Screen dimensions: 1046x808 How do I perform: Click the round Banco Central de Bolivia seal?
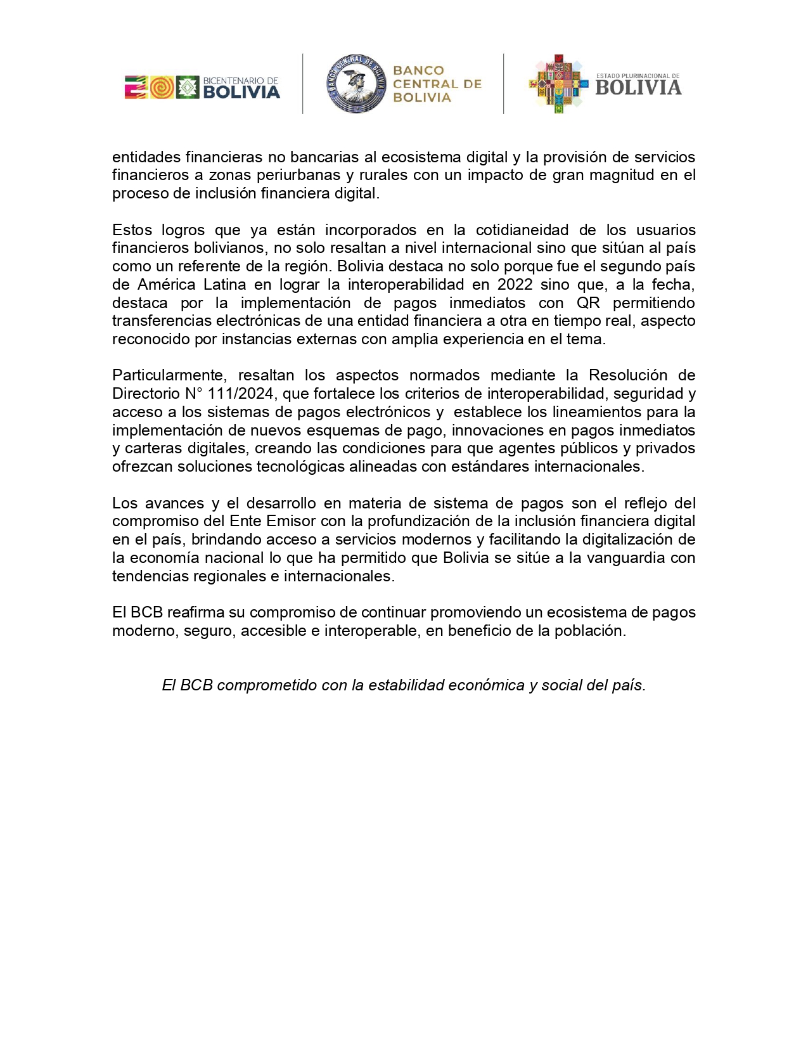[356, 84]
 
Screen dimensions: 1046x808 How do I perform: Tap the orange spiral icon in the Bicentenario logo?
[162, 87]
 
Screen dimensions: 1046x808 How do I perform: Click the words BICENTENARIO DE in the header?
[241, 81]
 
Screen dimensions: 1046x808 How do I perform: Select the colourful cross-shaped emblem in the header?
[558, 84]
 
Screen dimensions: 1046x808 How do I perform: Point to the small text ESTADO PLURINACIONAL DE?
[638, 76]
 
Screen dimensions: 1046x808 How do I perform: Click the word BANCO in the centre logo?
[418, 70]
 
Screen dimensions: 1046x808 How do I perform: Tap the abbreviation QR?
[588, 302]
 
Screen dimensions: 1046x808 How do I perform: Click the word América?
[166, 284]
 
